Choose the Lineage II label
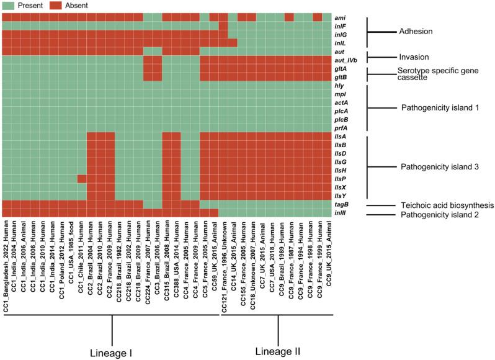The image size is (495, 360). pos(279,350)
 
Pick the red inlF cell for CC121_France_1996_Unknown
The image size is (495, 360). pos(223,25)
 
